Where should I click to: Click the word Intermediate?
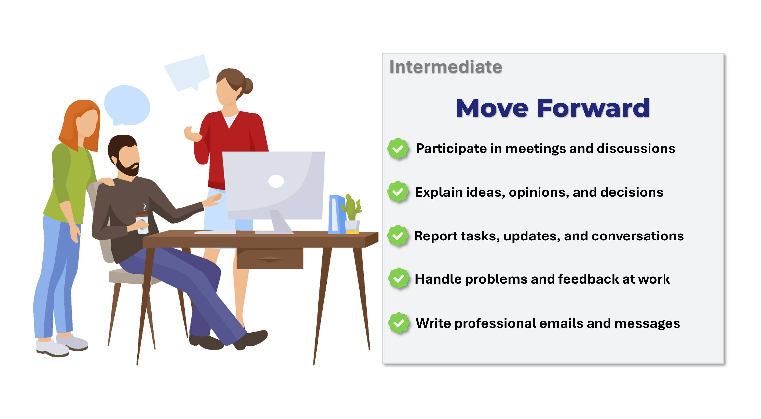(x=445, y=67)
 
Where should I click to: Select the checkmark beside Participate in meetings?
(x=398, y=149)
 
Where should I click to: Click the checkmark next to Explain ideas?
(x=398, y=192)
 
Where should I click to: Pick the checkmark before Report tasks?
(x=398, y=236)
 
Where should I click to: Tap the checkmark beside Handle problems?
(x=399, y=278)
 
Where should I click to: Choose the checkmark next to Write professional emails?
(x=399, y=323)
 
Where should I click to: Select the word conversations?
(x=637, y=236)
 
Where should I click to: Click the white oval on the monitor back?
(x=276, y=181)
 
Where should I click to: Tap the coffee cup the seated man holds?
(x=142, y=223)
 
